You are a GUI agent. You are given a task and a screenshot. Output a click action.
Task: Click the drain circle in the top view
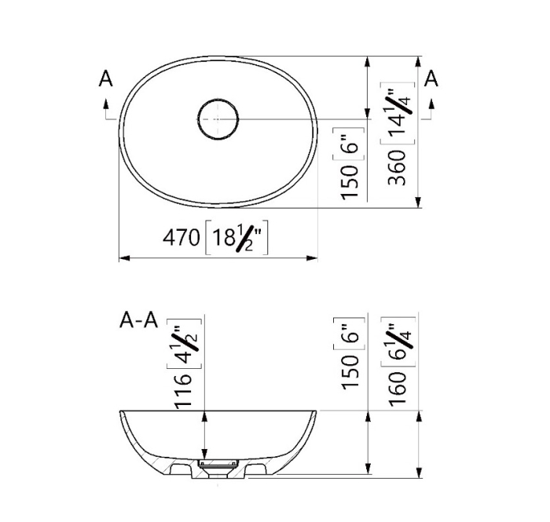[198, 119]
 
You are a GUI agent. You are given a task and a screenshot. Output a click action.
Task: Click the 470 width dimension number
[181, 238]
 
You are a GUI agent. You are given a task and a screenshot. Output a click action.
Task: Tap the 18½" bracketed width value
[236, 237]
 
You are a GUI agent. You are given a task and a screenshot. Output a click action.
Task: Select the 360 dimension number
[397, 167]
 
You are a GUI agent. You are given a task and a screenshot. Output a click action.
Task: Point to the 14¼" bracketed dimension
[398, 113]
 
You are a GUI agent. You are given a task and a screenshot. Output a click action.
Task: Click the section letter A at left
[105, 78]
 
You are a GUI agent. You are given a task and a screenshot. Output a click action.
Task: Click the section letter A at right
[431, 78]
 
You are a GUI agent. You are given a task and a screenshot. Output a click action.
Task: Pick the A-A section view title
[138, 320]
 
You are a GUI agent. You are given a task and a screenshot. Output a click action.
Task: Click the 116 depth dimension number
[183, 391]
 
